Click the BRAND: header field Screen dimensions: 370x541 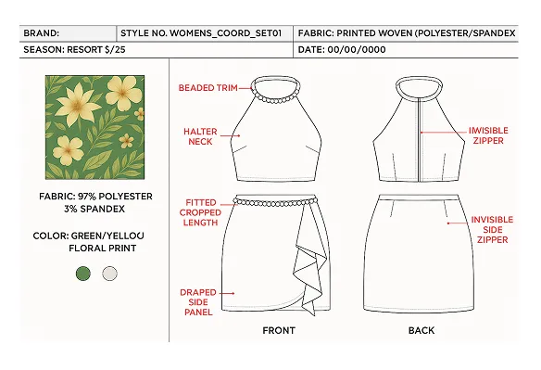coord(42,32)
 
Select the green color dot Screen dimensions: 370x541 coord(83,273)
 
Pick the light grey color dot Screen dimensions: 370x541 coord(109,273)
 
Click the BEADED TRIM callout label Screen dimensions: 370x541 coord(208,87)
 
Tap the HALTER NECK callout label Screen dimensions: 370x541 coord(200,136)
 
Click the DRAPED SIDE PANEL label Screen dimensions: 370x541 coord(198,301)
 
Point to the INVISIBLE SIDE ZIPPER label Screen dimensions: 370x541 coord(491,229)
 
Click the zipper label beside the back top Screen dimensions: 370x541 coord(486,135)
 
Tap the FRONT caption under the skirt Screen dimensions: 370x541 coord(279,331)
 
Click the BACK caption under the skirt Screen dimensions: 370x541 coord(422,331)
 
